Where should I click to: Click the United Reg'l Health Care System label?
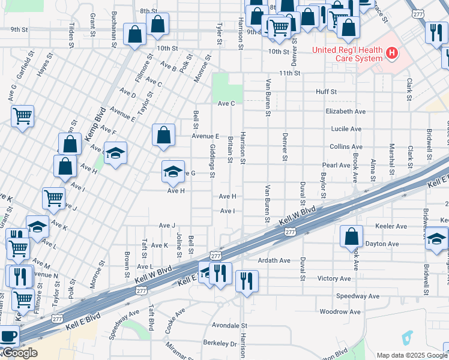pyautogui.click(x=347, y=54)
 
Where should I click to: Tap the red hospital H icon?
pyautogui.click(x=392, y=54)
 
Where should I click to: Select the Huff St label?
pyautogui.click(x=327, y=92)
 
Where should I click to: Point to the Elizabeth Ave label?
pyautogui.click(x=345, y=112)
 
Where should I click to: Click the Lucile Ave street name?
pyautogui.click(x=346, y=129)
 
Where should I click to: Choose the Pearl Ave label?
pyautogui.click(x=336, y=165)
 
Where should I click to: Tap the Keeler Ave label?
pyautogui.click(x=391, y=227)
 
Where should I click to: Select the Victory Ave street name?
pyautogui.click(x=334, y=278)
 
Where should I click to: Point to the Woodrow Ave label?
pyautogui.click(x=340, y=312)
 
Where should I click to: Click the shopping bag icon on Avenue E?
pyautogui.click(x=163, y=135)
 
